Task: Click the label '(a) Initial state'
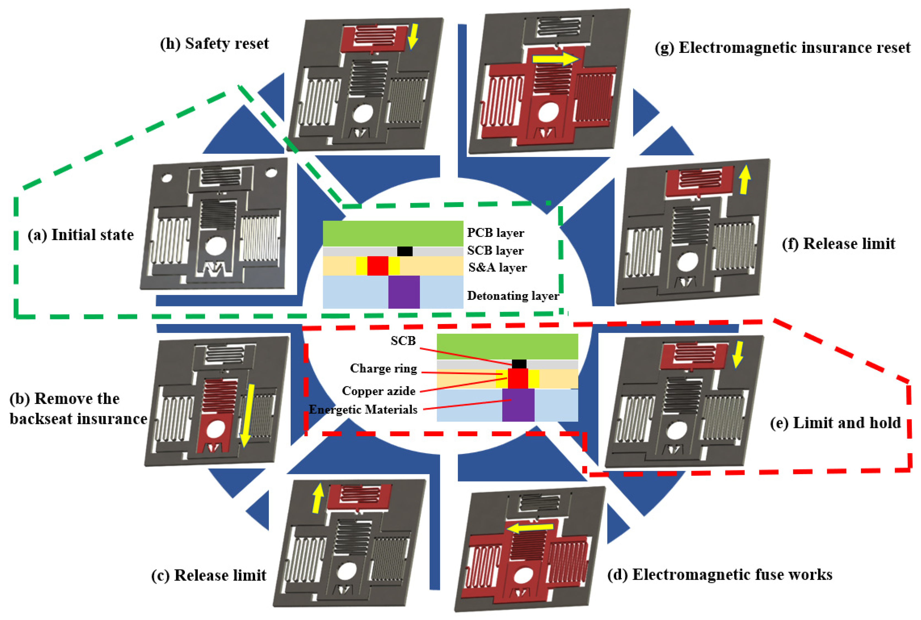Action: tap(80, 235)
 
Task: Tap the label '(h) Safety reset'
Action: tap(214, 43)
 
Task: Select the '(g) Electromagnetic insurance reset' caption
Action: tap(782, 47)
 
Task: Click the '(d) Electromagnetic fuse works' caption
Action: tap(719, 575)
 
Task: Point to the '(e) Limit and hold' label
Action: tap(835, 423)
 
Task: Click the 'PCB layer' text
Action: tap(495, 233)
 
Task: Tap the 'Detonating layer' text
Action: tap(513, 296)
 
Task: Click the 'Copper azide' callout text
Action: tap(378, 391)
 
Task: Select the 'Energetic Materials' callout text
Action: tap(363, 410)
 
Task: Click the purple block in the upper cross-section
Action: tap(404, 292)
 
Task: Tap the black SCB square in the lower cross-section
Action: tap(519, 364)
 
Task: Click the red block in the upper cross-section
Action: tap(377, 266)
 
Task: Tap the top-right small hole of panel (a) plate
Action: tap(271, 173)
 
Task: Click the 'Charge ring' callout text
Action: tap(383, 369)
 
